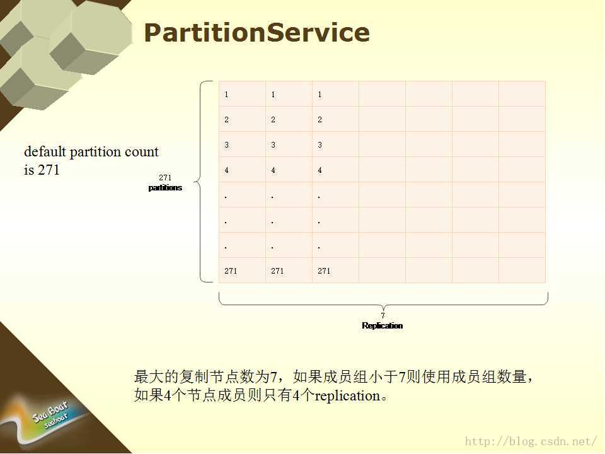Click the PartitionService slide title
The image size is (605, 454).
[257, 32]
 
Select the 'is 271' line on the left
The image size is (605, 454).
[42, 170]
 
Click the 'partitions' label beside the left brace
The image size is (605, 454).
[165, 188]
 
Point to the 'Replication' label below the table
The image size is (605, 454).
[383, 326]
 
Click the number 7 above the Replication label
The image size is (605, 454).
[383, 316]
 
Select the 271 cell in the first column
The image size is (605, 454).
[231, 271]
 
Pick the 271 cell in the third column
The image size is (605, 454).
[324, 271]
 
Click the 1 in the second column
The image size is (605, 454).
[273, 95]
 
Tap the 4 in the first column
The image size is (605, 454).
[226, 170]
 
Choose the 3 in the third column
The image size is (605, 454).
[320, 145]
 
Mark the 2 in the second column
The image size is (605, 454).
[273, 120]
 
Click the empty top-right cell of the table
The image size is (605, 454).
[522, 94]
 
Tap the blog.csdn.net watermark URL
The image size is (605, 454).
[531, 441]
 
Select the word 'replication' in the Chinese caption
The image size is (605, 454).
[347, 396]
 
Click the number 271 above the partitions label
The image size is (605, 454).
[165, 178]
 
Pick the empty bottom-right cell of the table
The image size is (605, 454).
[522, 271]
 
